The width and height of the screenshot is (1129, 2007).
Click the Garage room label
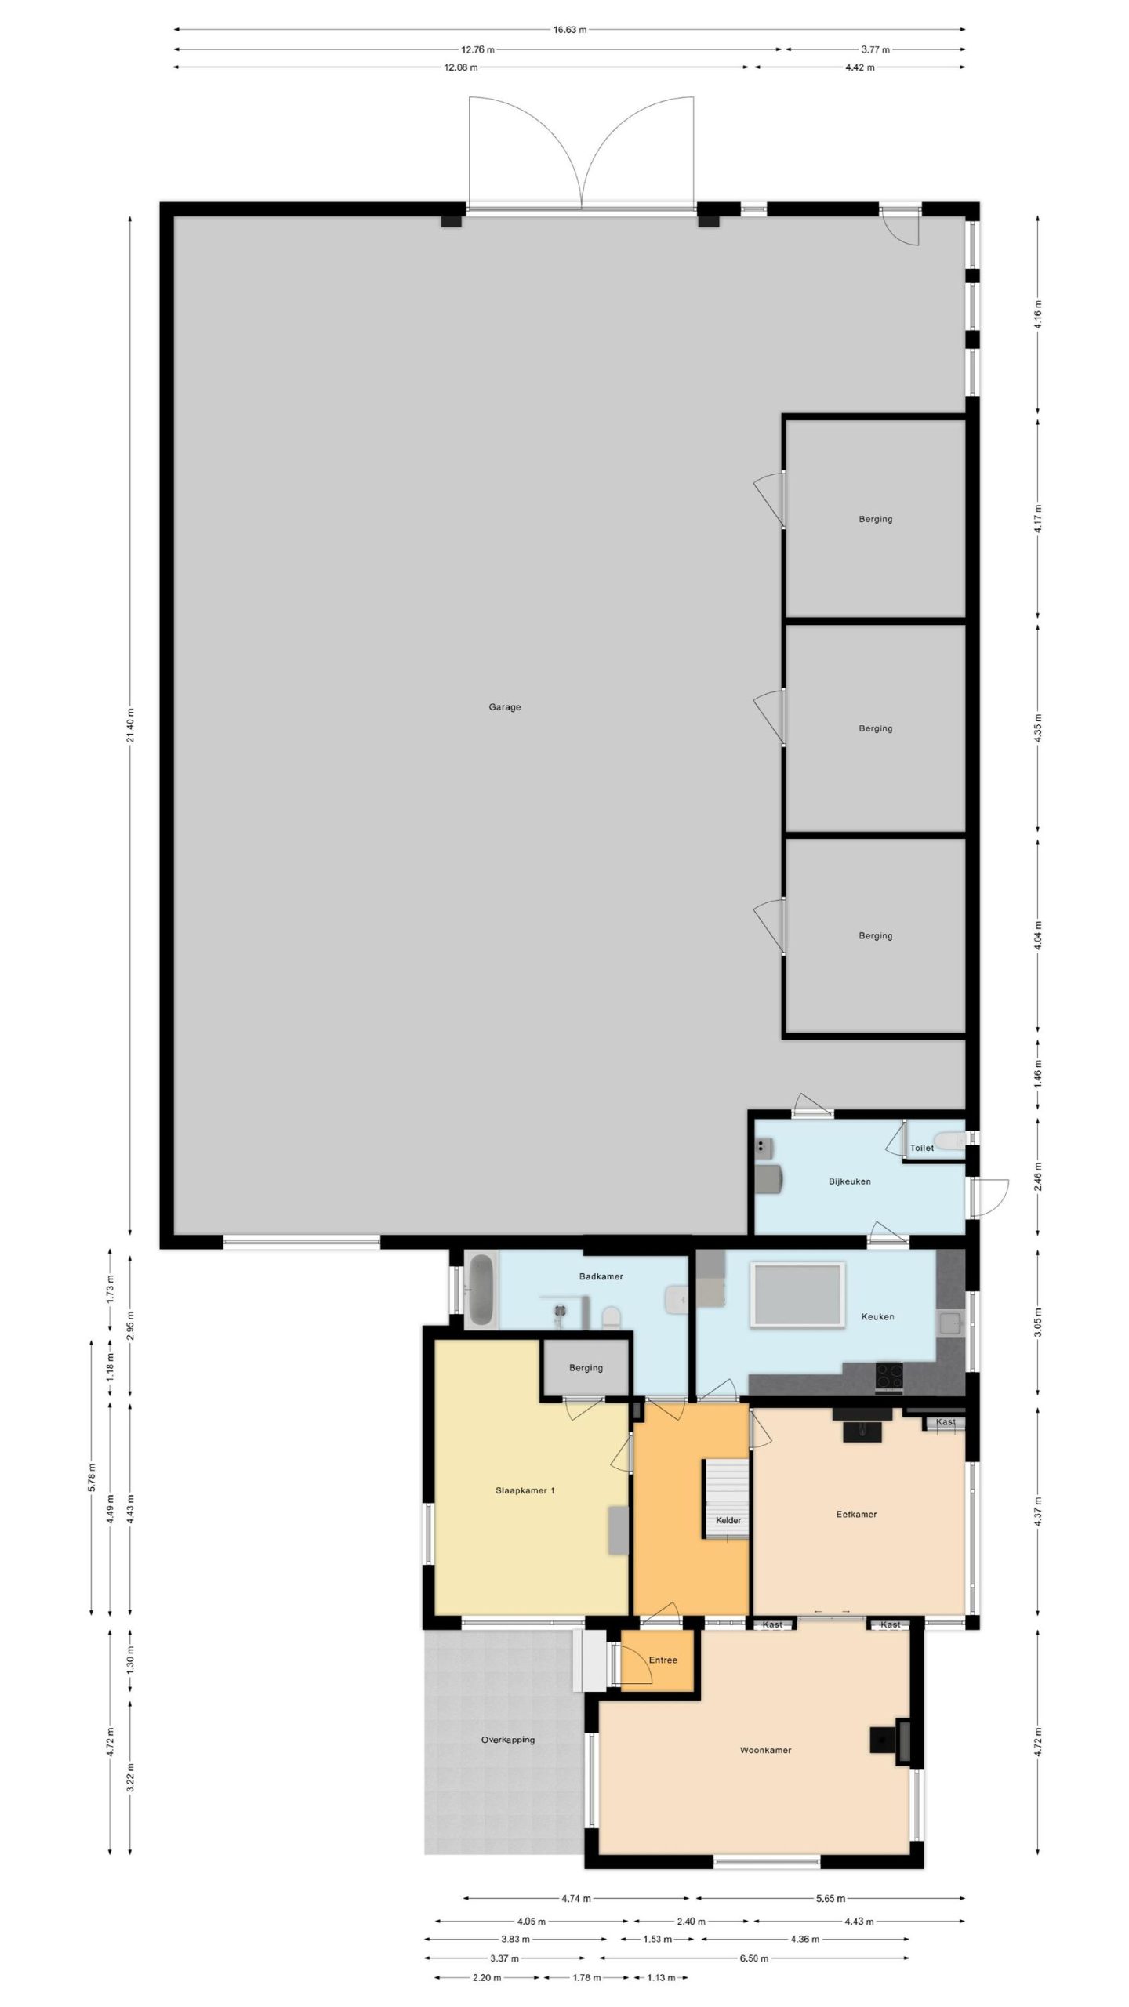[505, 707]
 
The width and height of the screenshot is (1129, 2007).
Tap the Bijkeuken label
[850, 1181]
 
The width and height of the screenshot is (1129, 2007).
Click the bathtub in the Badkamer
[481, 1290]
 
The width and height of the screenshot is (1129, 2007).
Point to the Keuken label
[877, 1316]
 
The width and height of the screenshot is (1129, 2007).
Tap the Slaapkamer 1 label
[525, 1490]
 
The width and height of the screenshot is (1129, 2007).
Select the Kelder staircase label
[728, 1520]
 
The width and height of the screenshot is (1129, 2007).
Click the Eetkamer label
[856, 1514]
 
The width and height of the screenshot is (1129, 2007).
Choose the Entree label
[663, 1660]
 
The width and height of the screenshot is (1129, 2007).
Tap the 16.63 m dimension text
[570, 30]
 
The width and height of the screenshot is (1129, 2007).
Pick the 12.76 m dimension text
[480, 49]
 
